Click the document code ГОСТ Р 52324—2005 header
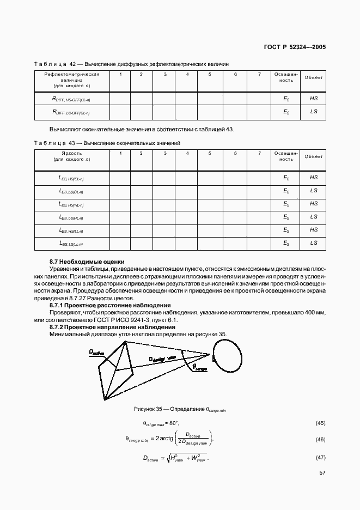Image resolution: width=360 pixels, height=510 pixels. [295, 47]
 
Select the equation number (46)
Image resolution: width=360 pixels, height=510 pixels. [320, 439]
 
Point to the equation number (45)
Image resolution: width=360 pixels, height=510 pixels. [320, 423]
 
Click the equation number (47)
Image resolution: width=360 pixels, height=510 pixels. [320, 459]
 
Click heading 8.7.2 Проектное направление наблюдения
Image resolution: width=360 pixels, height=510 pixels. [112, 327]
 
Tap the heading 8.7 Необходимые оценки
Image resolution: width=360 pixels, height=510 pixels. [87, 262]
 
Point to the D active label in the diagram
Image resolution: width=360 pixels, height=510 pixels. [96, 353]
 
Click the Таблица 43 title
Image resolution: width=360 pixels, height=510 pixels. [107, 143]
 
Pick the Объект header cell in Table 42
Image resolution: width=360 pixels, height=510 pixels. [314, 77]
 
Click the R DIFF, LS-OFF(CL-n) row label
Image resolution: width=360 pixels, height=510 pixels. [71, 112]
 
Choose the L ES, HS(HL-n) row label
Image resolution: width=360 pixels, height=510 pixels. [71, 204]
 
